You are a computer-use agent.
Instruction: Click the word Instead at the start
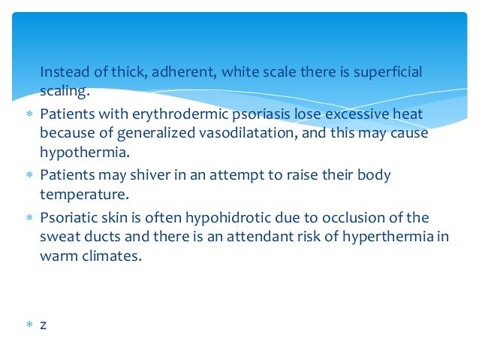[x=62, y=72]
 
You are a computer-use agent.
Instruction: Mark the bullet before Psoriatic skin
[x=29, y=218]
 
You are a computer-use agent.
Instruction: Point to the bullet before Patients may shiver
[x=29, y=175]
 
